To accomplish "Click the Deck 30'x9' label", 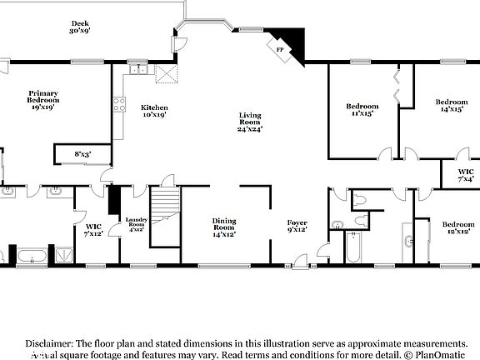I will pyautogui.click(x=80, y=27).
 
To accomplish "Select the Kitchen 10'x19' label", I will pyautogui.click(x=154, y=112).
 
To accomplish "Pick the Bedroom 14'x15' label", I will pyautogui.click(x=452, y=106).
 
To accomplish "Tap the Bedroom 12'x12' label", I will pyautogui.click(x=457, y=228).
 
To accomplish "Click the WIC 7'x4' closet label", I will pyautogui.click(x=466, y=176).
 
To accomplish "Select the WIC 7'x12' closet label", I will pyautogui.click(x=92, y=230).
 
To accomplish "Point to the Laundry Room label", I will pyautogui.click(x=136, y=223).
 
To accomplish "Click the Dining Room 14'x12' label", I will pyautogui.click(x=224, y=227).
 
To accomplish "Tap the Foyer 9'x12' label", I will pyautogui.click(x=297, y=227).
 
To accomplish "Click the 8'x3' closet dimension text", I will pyautogui.click(x=82, y=154).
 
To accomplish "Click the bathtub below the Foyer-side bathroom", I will pyautogui.click(x=353, y=248).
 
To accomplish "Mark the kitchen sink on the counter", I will pyautogui.click(x=137, y=71).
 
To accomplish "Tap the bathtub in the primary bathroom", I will pyautogui.click(x=32, y=254).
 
